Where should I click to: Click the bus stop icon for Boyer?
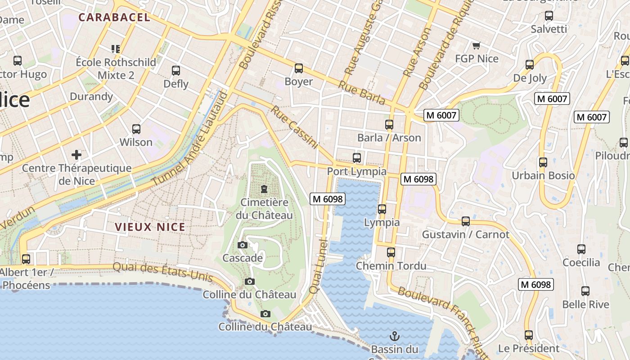point(298,68)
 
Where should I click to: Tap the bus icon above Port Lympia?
point(357,158)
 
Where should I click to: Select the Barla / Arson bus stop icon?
point(389,125)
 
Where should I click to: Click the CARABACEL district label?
point(114,18)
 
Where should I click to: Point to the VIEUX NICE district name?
point(150,227)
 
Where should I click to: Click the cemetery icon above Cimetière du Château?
point(264,189)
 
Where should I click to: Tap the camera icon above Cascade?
point(243,245)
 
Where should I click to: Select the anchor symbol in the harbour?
point(394,336)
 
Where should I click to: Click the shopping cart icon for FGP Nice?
point(477,45)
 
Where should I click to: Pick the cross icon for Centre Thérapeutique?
point(76,155)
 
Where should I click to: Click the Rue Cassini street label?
point(295,127)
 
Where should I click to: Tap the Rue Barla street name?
point(362,93)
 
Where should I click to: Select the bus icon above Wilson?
point(136,129)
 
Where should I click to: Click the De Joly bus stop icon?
point(530,65)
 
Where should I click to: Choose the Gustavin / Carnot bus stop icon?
point(466,221)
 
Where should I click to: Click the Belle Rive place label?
point(585,305)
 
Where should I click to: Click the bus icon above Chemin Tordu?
point(391,252)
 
